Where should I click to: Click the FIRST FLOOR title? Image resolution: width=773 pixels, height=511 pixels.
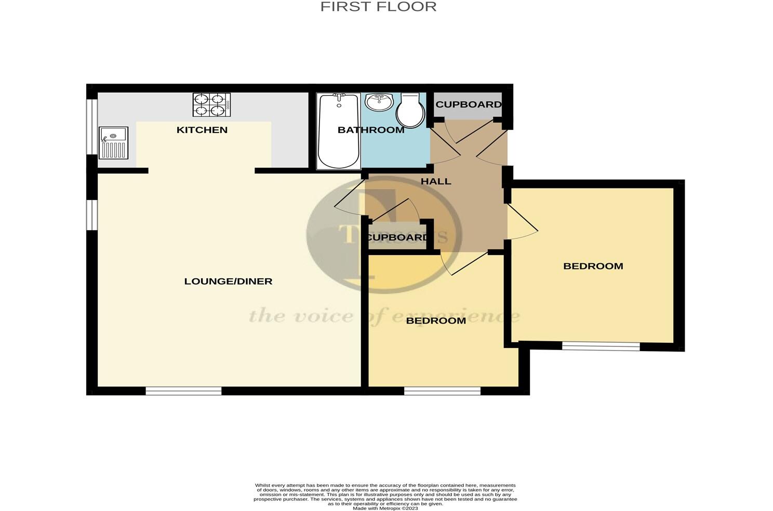tap(378, 7)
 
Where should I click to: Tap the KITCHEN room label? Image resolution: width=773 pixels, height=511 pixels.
tap(202, 130)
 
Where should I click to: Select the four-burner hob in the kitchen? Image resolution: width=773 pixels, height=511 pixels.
tap(212, 104)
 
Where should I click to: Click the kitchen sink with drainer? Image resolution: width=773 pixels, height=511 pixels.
tap(113, 142)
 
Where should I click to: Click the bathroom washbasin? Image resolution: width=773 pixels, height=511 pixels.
tap(379, 102)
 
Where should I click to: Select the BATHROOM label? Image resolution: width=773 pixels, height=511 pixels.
tap(371, 130)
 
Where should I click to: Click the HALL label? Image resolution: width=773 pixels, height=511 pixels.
tap(436, 182)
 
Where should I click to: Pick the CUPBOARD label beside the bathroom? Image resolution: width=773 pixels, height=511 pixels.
tap(469, 104)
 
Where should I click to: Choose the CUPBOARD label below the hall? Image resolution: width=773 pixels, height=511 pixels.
tap(397, 238)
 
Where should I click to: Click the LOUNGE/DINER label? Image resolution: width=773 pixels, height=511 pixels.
tap(228, 281)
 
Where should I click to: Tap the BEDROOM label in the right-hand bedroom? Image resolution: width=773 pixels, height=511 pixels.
tap(593, 266)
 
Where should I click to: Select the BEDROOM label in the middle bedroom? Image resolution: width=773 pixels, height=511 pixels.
tap(436, 321)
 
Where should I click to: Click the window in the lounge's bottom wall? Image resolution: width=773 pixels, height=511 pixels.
tap(183, 391)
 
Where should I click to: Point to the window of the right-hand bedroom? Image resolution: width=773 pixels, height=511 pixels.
tap(601, 346)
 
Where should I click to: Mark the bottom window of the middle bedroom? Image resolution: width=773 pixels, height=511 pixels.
tap(442, 391)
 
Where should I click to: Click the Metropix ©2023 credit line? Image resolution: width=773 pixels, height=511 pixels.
tap(385, 508)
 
